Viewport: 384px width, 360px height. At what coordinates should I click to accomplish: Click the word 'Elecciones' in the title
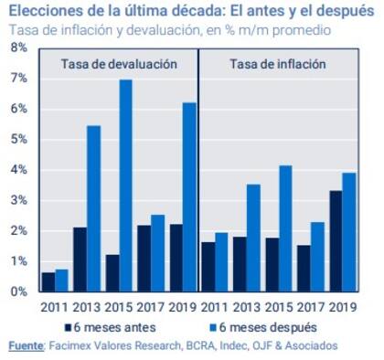[41, 12]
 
